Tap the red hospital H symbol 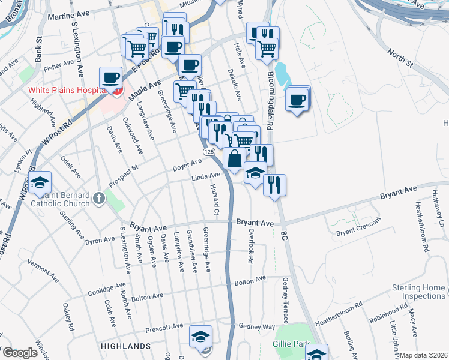click(x=118, y=91)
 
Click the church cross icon click(x=101, y=197)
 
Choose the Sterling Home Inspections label click(x=418, y=292)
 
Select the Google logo click(x=19, y=353)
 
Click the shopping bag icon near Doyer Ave click(x=234, y=158)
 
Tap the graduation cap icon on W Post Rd click(x=40, y=183)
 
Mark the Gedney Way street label click(x=256, y=326)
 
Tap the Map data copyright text click(x=423, y=355)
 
